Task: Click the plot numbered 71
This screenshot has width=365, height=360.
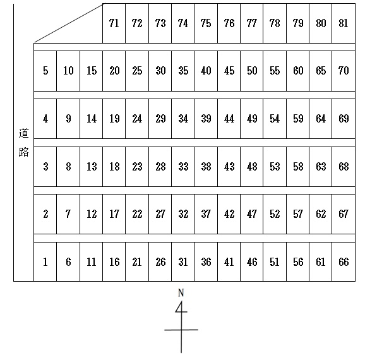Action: click(114, 23)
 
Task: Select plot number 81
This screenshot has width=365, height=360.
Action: click(344, 23)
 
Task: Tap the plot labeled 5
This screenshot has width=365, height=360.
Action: click(45, 71)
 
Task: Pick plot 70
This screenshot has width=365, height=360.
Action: click(344, 71)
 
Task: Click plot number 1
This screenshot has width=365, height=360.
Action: click(45, 261)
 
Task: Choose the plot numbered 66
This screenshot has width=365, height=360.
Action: click(344, 261)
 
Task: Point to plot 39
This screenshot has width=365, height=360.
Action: click(206, 119)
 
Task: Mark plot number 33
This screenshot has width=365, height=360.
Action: click(183, 167)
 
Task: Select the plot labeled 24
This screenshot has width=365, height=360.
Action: click(137, 119)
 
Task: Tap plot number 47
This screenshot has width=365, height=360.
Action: click(252, 214)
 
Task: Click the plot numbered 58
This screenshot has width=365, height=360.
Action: click(298, 167)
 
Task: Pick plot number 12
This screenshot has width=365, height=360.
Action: click(91, 214)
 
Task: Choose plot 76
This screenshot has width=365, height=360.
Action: click(229, 23)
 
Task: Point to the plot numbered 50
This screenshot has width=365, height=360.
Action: click(252, 71)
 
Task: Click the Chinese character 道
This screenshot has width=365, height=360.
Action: click(23, 133)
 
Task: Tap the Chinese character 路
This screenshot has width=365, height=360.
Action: click(23, 152)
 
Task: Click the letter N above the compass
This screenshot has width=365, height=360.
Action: click(181, 292)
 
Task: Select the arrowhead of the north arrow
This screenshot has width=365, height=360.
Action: click(181, 308)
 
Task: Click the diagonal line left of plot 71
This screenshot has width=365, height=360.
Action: click(69, 23)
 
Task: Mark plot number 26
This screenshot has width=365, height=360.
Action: click(160, 261)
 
